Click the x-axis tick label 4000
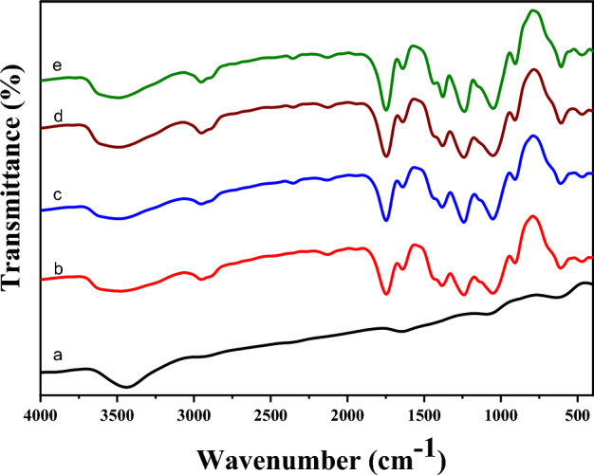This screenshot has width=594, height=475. tap(41, 415)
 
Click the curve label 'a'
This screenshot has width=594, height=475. tap(58, 356)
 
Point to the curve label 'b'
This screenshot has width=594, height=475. tap(58, 270)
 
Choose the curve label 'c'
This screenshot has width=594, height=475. tap(58, 194)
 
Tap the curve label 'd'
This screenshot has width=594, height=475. tap(58, 117)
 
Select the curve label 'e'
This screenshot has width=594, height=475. tap(58, 66)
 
